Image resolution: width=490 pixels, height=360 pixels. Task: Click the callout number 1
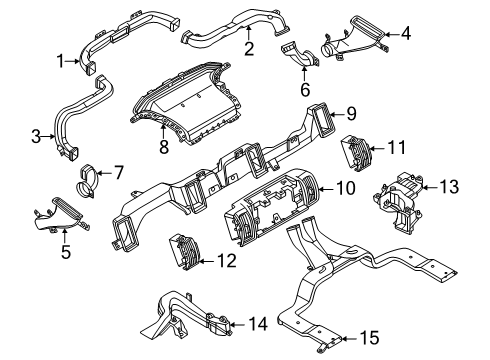pyautogui.click(x=60, y=61)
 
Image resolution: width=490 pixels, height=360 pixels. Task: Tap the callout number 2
pyautogui.click(x=249, y=49)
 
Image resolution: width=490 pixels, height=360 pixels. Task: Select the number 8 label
pyautogui.click(x=164, y=147)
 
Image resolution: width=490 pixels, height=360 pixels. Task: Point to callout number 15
pyautogui.click(x=370, y=338)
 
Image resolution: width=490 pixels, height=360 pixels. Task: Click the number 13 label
pyautogui.click(x=449, y=187)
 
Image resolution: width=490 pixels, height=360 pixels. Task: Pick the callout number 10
pyautogui.click(x=346, y=188)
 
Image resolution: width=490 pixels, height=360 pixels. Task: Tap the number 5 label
pyautogui.click(x=66, y=252)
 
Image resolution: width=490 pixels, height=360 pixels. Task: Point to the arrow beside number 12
pyautogui.click(x=206, y=261)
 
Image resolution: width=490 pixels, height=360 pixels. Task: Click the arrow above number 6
pyautogui.click(x=304, y=74)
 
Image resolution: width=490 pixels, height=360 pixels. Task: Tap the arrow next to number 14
pyautogui.click(x=237, y=324)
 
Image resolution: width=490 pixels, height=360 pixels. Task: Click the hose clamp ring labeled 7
pyautogui.click(x=86, y=182)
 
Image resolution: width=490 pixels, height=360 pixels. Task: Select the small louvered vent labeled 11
pyautogui.click(x=355, y=153)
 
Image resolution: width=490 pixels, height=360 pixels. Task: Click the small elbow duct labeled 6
pyautogui.click(x=300, y=55)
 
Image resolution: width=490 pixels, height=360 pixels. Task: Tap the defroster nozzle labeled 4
pyautogui.click(x=353, y=39)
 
